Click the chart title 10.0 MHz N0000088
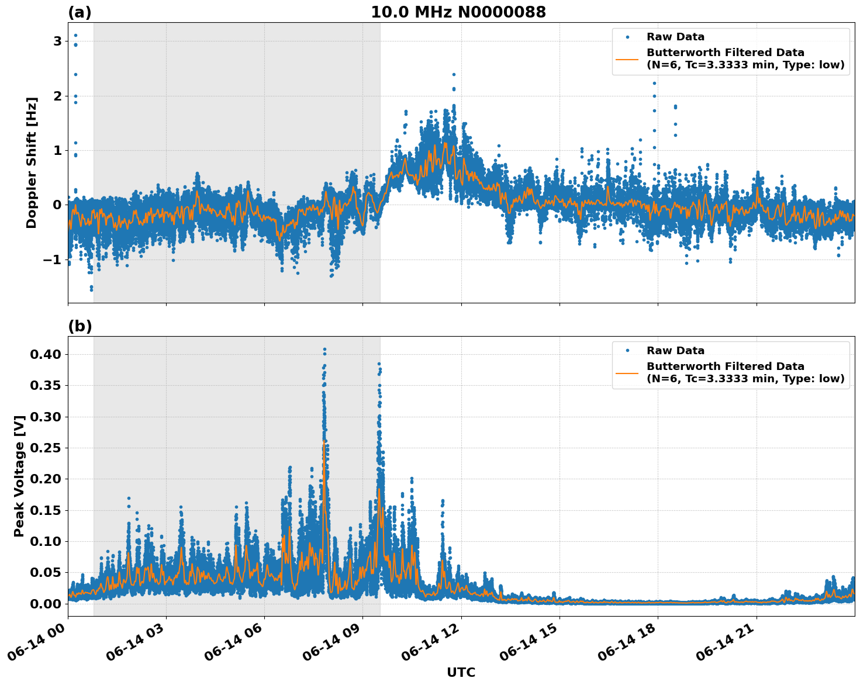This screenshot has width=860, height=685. [x=458, y=12]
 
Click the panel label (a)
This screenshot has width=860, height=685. [x=80, y=12]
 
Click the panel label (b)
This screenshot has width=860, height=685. [x=80, y=326]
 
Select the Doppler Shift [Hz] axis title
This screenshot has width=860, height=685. [x=32, y=162]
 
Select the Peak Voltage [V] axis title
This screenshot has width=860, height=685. [x=19, y=476]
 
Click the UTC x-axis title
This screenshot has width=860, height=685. [x=461, y=672]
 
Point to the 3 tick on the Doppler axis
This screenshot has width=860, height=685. [x=57, y=41]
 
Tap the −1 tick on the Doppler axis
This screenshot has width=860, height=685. [x=53, y=260]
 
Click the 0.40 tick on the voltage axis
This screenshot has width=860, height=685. [x=49, y=354]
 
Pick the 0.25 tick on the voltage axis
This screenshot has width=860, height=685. [x=49, y=448]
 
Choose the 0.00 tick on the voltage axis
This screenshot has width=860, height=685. [x=49, y=603]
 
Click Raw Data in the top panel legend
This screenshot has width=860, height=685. [x=675, y=37]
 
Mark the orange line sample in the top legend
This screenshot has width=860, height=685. [x=627, y=58]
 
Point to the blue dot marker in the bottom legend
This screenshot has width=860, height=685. [x=627, y=351]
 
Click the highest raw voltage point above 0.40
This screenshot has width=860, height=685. [x=324, y=350]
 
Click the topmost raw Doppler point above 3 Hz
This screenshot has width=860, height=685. [x=75, y=35]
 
